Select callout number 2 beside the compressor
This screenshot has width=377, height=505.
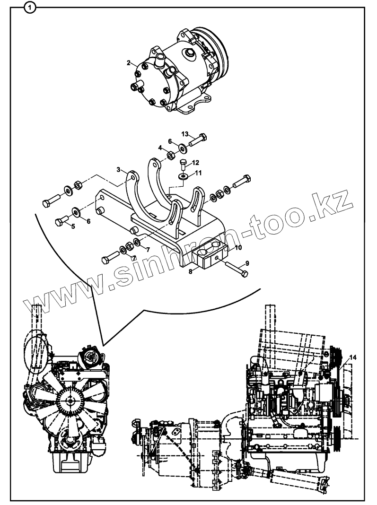[128, 62]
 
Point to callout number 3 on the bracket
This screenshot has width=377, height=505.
[119, 169]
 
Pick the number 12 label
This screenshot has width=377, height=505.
[195, 163]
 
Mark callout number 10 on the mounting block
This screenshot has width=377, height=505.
[238, 247]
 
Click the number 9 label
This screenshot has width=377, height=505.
[246, 263]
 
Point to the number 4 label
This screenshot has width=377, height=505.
[161, 148]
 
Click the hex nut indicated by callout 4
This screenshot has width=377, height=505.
[170, 154]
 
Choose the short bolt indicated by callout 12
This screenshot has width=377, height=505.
[184, 164]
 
